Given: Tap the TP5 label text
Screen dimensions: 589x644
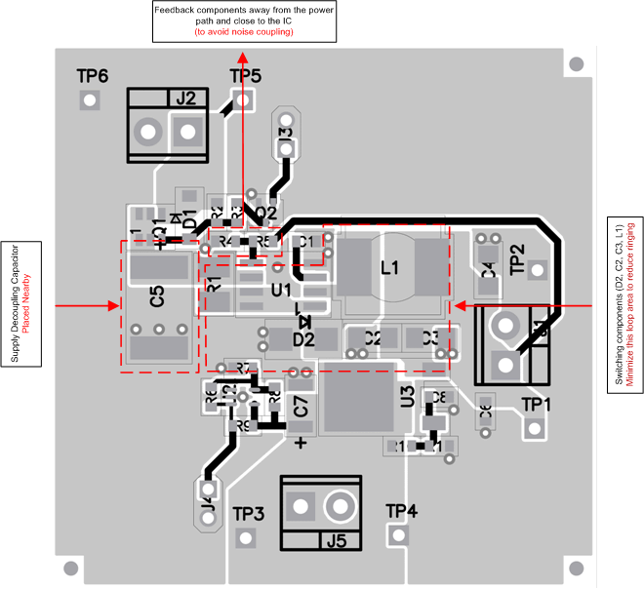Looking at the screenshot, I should (x=245, y=76).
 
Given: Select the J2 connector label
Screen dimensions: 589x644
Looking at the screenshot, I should (x=185, y=98).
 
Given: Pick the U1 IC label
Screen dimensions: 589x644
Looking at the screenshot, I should (x=281, y=290).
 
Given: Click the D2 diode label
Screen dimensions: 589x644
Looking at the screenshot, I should (x=303, y=339).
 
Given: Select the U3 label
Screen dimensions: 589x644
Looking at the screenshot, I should (x=407, y=396).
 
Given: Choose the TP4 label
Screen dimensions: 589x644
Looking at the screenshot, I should (x=401, y=510).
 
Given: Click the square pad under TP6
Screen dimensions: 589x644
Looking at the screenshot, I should (x=90, y=99).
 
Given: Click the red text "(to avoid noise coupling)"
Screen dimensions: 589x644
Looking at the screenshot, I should (x=244, y=32).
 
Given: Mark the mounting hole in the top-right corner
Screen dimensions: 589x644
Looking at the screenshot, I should (x=576, y=64).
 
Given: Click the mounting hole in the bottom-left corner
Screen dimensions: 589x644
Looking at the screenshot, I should (x=70, y=568).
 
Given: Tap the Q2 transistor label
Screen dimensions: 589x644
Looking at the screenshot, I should (x=265, y=213).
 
